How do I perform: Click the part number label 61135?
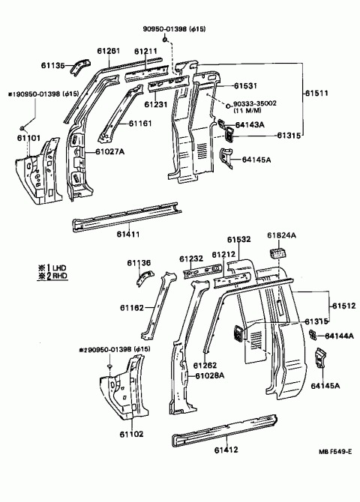[x=61, y=65]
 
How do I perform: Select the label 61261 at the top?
[x=108, y=51]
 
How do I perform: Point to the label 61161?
[x=142, y=123]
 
